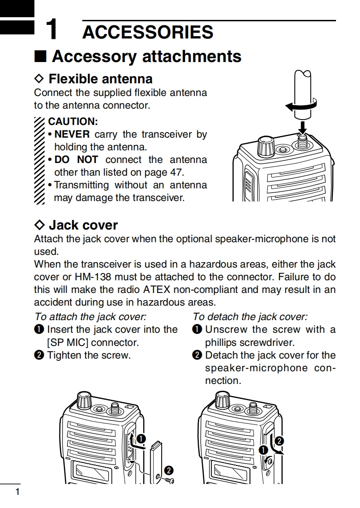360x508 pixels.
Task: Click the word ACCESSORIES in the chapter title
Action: (148, 32)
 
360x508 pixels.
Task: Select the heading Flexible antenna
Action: (100, 79)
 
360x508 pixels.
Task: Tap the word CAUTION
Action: (73, 121)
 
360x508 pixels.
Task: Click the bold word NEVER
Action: (72, 134)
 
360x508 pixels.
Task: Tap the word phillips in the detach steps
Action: (222, 342)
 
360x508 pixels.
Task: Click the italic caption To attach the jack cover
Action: (91, 316)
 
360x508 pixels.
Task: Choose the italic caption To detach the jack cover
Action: (250, 316)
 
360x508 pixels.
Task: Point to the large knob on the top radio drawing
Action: (265, 147)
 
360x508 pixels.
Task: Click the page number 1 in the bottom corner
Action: (17, 492)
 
